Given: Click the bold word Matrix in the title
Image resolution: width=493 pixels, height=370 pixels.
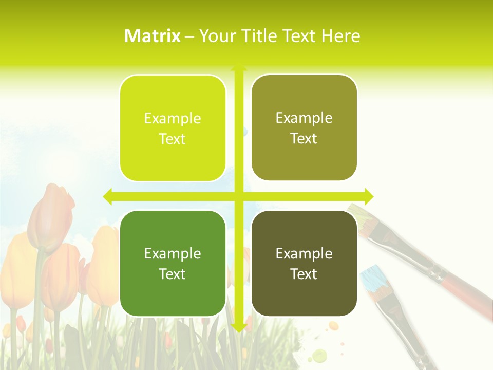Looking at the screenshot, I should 152,36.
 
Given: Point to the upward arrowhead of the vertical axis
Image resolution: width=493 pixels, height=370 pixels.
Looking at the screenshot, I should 239,67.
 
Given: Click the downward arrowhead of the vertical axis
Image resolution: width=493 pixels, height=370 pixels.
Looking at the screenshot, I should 239,327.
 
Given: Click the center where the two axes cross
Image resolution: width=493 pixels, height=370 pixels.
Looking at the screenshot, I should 239,196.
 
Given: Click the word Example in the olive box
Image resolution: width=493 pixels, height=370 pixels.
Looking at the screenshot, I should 304,118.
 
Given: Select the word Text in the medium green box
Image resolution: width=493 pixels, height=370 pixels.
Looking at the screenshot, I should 172,274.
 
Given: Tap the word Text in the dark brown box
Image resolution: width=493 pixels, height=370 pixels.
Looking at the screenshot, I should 304,274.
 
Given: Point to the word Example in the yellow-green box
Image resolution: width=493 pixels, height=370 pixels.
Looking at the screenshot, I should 173,119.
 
